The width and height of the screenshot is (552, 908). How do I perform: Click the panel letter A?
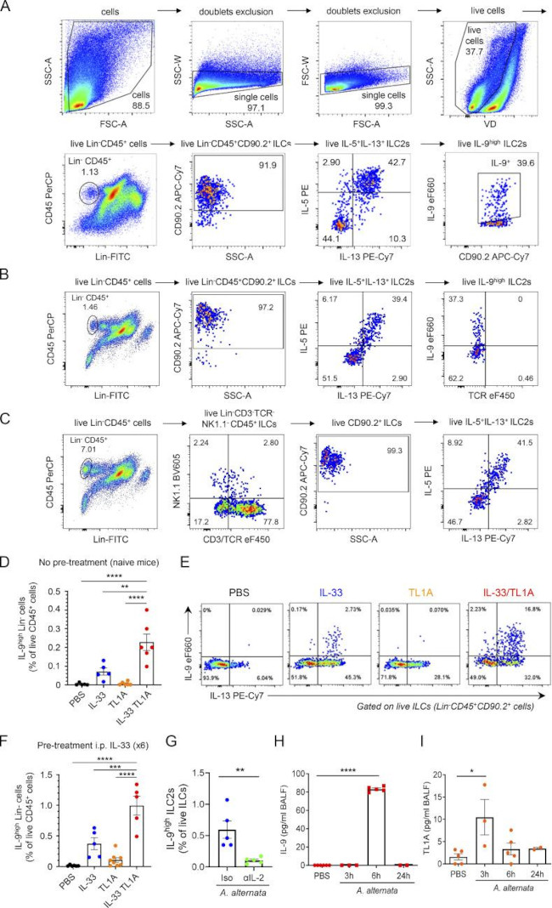tap(7, 8)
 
